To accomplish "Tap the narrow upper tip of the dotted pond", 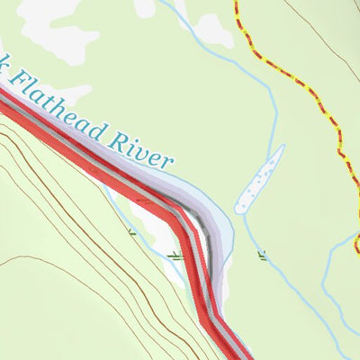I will (280, 149).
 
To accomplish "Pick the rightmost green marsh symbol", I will (263, 256).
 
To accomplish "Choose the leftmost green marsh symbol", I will (131, 233).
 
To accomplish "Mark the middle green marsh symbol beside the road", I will (175, 256).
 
